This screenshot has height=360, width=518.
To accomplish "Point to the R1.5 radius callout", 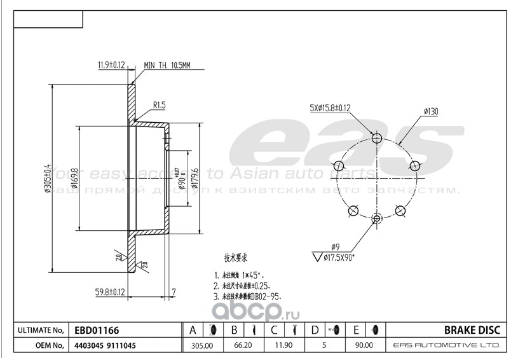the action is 159,105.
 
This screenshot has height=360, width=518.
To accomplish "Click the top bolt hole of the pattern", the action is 376,138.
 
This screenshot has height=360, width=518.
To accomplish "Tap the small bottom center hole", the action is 376,219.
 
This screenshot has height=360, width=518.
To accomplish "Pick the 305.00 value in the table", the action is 203,345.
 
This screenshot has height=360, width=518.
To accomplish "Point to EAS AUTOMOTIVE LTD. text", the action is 447,345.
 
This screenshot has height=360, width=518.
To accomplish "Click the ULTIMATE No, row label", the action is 39,331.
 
